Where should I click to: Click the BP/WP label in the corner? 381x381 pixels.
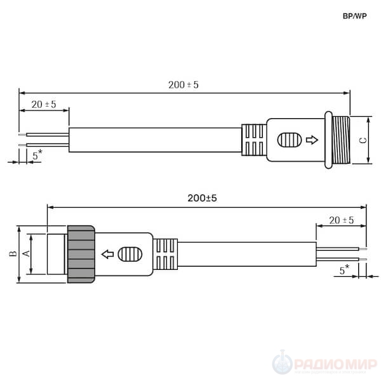pyautogui.click(x=354, y=16)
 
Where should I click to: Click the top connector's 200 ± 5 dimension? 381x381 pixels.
pyautogui.click(x=184, y=85)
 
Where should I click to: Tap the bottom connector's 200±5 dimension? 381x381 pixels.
pyautogui.click(x=202, y=198)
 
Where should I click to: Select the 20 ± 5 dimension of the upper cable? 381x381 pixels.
pyautogui.click(x=44, y=105)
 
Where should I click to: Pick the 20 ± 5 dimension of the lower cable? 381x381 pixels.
pyautogui.click(x=342, y=220)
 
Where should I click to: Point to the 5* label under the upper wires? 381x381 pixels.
pyautogui.click(x=37, y=154)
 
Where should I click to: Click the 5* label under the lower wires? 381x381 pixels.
pyautogui.click(x=345, y=269)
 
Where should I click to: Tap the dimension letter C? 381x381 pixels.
pyautogui.click(x=363, y=140)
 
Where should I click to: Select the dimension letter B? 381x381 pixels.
pyautogui.click(x=13, y=253)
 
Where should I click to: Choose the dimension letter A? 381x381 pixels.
pyautogui.click(x=26, y=253)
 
